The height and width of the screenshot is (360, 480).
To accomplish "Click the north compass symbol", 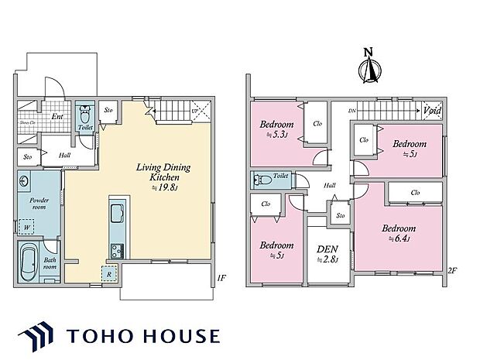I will (x=369, y=68).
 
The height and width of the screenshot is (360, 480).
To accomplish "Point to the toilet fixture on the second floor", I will (x=263, y=179).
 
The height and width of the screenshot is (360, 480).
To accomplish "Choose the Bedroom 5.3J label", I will (x=275, y=129).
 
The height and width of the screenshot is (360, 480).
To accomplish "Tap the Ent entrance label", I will (x=57, y=118).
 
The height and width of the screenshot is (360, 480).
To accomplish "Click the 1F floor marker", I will (x=221, y=277).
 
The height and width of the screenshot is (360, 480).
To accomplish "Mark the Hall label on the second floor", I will (x=330, y=185).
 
